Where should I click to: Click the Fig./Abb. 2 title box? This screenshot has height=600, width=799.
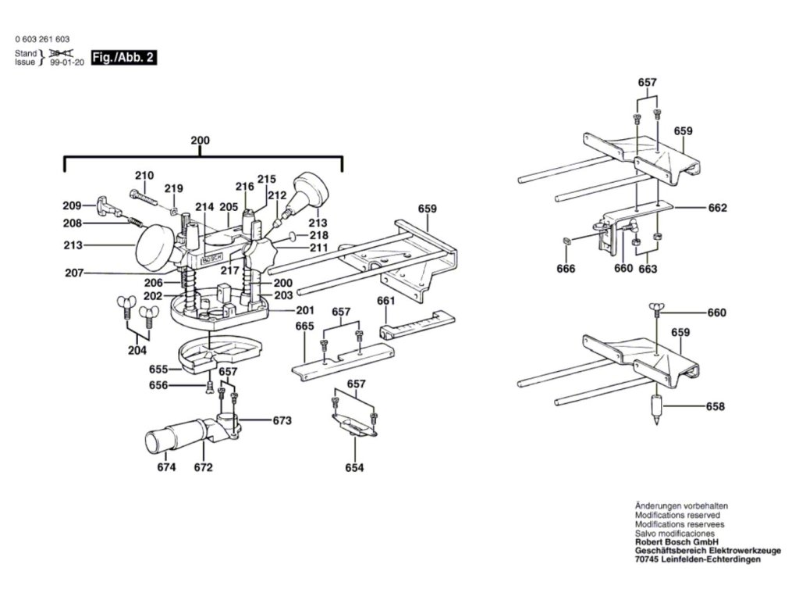(x=123, y=58)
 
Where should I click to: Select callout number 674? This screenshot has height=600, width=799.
(x=166, y=467)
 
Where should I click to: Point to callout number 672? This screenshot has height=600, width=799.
(x=204, y=467)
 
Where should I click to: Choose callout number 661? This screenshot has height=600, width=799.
(x=385, y=301)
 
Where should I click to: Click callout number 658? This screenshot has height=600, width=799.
(x=716, y=406)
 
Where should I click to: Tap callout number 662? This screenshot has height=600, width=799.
(x=717, y=209)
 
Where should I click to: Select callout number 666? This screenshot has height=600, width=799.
(x=566, y=269)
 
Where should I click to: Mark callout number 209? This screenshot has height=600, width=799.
(x=73, y=206)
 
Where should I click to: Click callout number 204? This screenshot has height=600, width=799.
(x=137, y=350)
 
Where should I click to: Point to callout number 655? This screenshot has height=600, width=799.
(x=158, y=369)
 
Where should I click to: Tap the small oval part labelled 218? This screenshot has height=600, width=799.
(x=291, y=236)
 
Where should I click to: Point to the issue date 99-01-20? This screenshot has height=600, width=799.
(x=66, y=62)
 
